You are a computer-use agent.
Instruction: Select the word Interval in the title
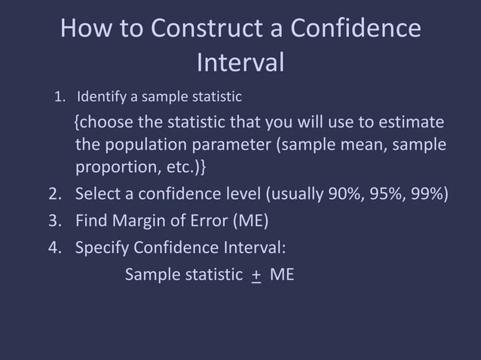click(240, 63)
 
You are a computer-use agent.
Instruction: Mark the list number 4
click(54, 248)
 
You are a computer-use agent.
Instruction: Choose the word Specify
click(103, 248)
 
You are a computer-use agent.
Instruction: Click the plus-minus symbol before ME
click(256, 275)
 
